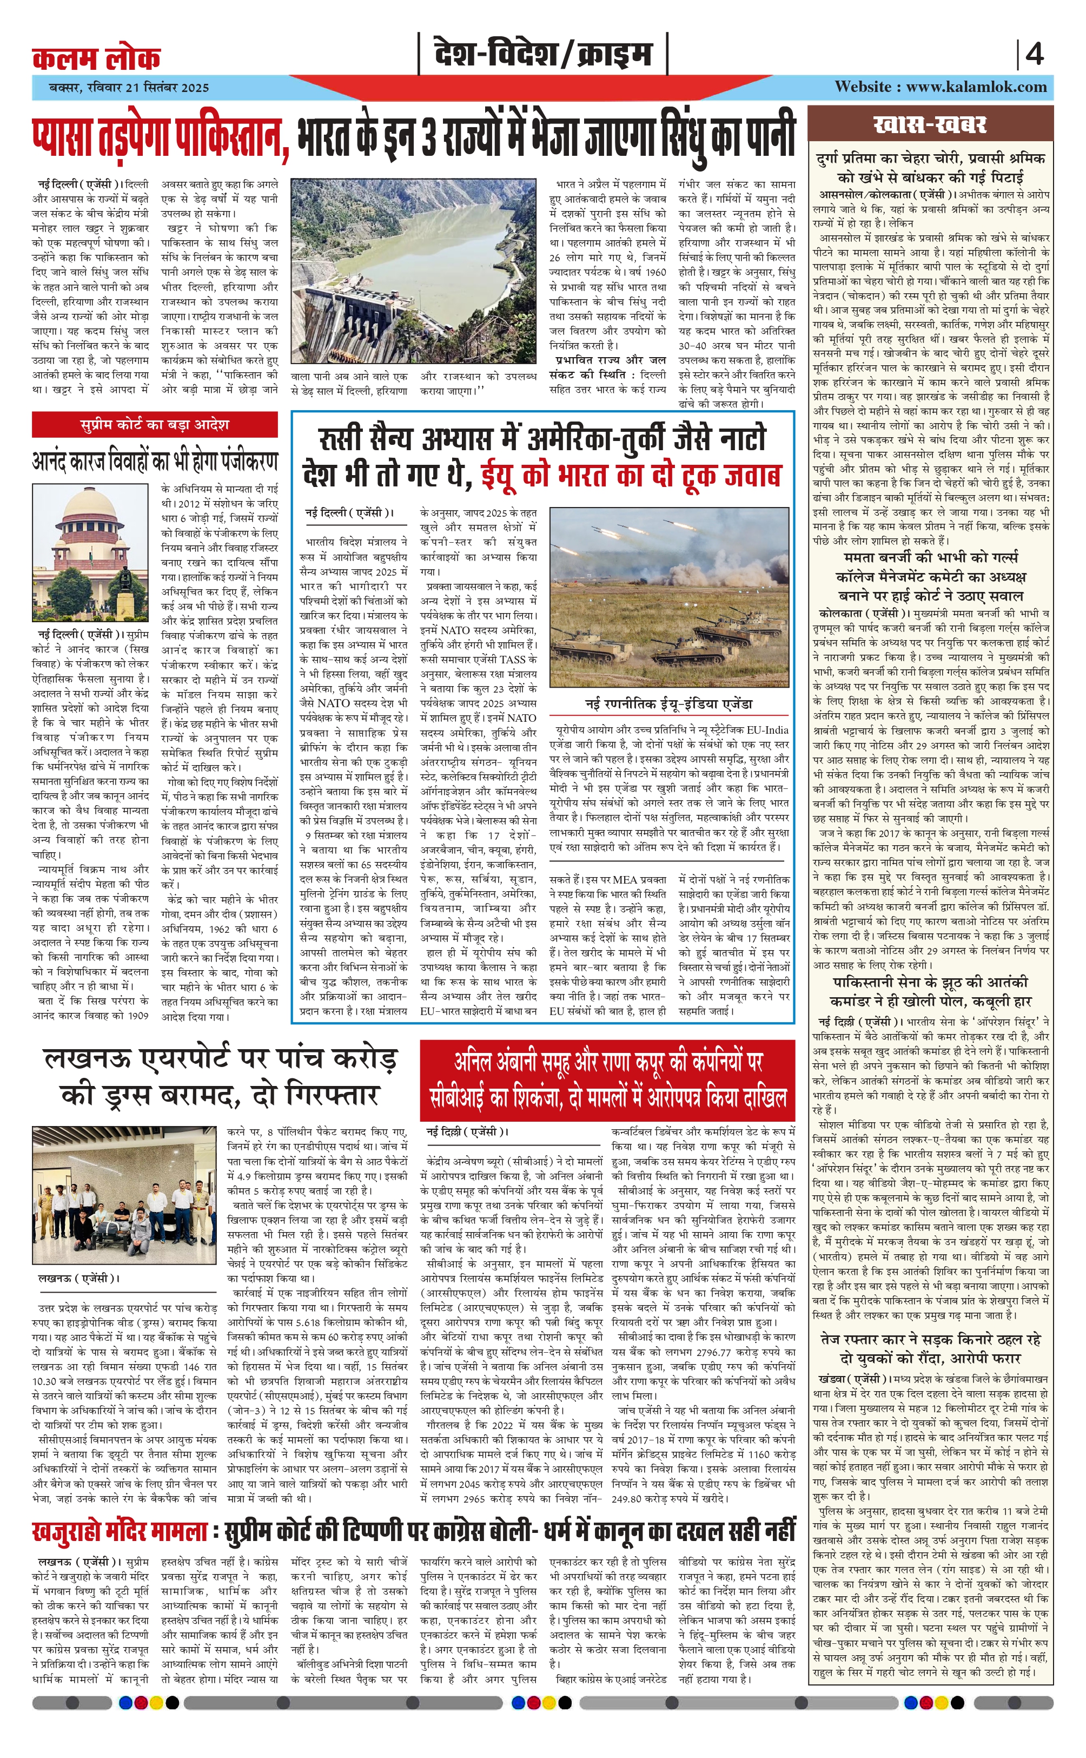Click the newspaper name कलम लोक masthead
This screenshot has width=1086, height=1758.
tap(96, 57)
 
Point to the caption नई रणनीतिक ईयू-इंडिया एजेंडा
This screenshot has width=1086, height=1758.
tap(668, 704)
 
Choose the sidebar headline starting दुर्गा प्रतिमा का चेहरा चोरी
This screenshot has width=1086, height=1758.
tap(931, 167)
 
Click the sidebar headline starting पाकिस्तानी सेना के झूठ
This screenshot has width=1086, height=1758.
tap(931, 991)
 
